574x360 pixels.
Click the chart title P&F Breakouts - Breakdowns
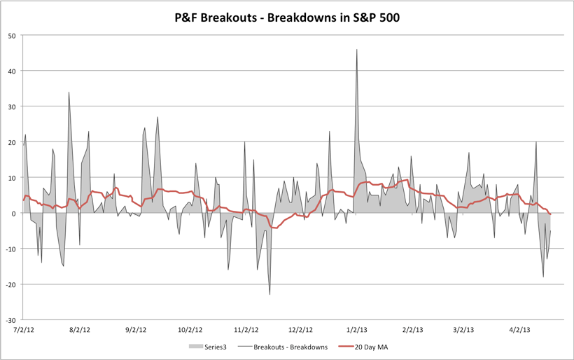point(287,16)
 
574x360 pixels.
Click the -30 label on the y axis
point(13,319)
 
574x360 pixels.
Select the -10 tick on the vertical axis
point(13,249)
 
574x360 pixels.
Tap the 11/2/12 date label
point(246,328)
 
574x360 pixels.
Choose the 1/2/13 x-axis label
point(356,328)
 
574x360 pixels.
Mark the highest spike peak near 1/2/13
point(356,50)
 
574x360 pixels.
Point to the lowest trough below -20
point(270,294)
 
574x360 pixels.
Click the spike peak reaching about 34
point(69,92)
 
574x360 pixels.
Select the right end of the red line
point(550,214)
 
